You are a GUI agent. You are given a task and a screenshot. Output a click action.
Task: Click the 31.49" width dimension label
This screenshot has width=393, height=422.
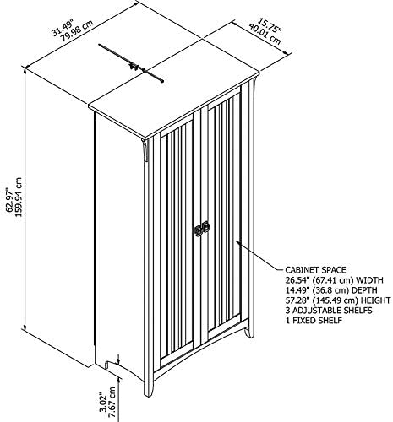point(63,27)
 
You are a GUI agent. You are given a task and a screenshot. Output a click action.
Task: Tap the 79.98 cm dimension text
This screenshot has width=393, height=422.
point(77,31)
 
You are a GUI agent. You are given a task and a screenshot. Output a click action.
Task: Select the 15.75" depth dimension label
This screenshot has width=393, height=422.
point(270,24)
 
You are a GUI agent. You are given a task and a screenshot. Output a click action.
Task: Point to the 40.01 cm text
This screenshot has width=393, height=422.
point(265,34)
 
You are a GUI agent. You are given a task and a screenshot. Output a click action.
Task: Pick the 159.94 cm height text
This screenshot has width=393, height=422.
point(19,197)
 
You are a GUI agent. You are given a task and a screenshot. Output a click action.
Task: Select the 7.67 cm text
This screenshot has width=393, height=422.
point(112,400)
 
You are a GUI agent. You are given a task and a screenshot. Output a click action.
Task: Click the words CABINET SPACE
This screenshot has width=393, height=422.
point(315,270)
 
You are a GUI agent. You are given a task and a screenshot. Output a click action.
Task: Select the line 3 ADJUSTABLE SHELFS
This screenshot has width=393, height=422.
point(329,311)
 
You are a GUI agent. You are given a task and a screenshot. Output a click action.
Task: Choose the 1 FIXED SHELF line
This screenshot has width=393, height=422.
point(314,321)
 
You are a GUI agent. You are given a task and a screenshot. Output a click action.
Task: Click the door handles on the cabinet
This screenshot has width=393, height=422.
point(202,228)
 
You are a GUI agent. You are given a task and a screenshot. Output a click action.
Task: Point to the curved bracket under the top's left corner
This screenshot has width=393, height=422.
point(145,150)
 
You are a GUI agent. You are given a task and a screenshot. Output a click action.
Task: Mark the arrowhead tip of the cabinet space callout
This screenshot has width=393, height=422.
point(236,241)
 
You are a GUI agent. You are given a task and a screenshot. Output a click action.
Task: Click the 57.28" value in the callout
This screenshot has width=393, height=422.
point(296,300)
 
